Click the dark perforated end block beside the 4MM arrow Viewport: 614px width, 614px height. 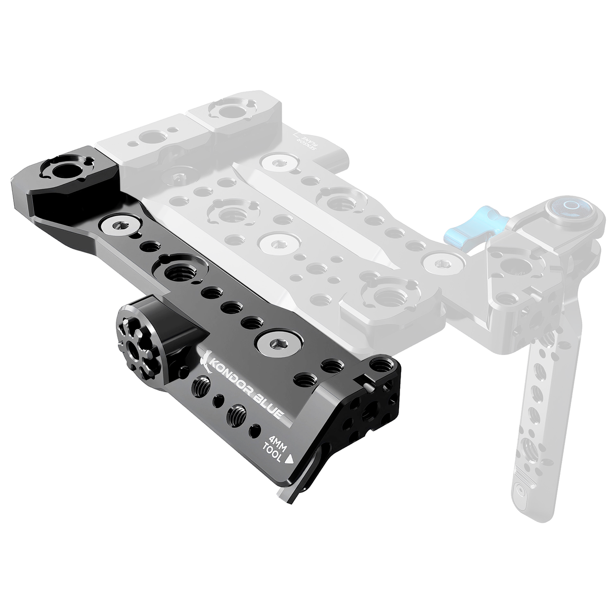369,400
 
